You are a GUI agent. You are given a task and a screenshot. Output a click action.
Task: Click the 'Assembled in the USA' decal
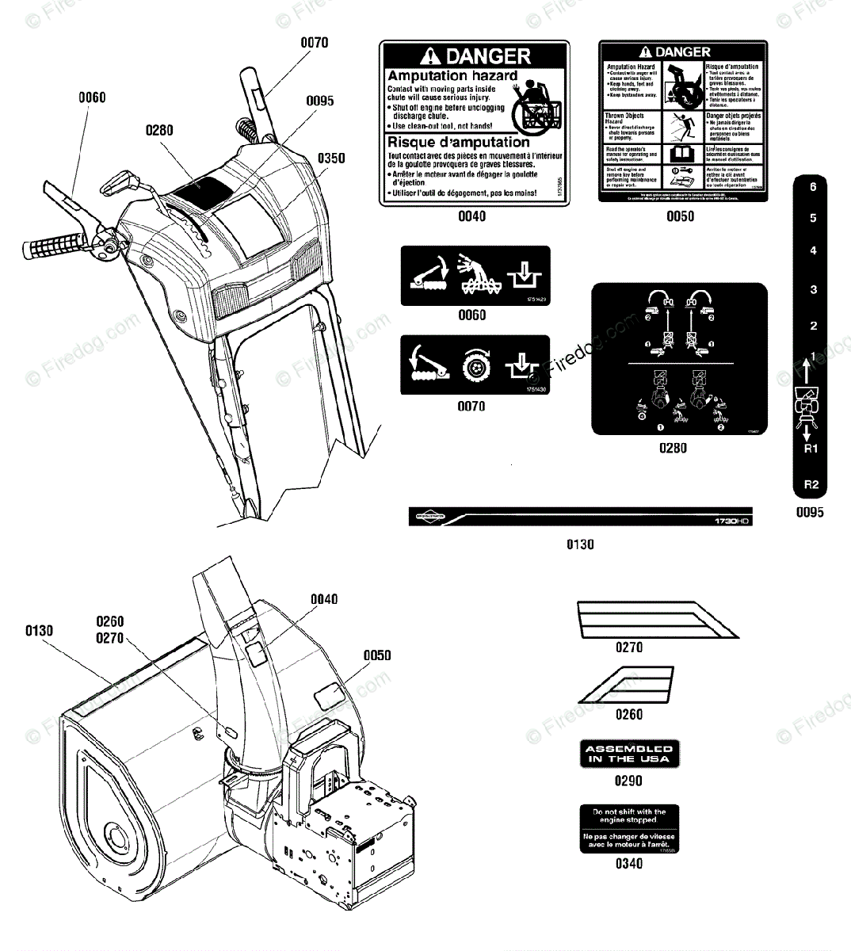tap(629, 754)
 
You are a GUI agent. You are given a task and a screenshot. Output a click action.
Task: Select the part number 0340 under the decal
tap(629, 863)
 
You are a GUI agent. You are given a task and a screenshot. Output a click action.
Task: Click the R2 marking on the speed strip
tap(811, 484)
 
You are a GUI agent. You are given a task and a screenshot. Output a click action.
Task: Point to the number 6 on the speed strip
tap(812, 187)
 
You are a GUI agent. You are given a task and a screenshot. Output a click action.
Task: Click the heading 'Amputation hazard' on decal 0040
tap(452, 76)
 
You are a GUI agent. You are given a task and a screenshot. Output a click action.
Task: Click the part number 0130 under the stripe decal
tap(580, 544)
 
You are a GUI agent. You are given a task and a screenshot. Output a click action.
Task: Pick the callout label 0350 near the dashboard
tap(331, 158)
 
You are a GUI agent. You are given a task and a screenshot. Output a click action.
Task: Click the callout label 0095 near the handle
tap(320, 101)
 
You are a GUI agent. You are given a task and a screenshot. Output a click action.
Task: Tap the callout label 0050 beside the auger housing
tap(377, 655)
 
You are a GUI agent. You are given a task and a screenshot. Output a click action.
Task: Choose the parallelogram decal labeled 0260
tap(627, 684)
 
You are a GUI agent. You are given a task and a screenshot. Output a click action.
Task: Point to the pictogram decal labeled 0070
tap(475, 365)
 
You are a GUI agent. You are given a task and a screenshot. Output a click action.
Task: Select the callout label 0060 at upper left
tap(92, 97)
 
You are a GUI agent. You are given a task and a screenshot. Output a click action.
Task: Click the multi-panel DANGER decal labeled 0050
tap(680, 121)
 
